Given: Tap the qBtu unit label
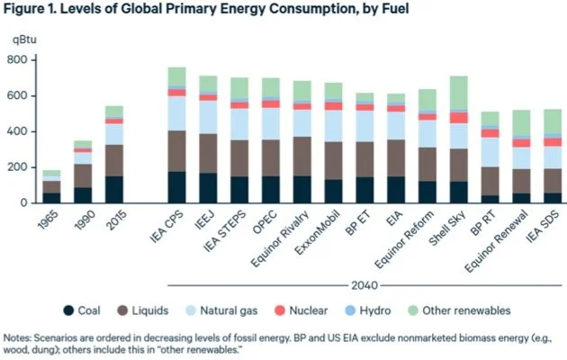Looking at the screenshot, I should (21, 40).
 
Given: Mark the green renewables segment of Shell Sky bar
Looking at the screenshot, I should (459, 94).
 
